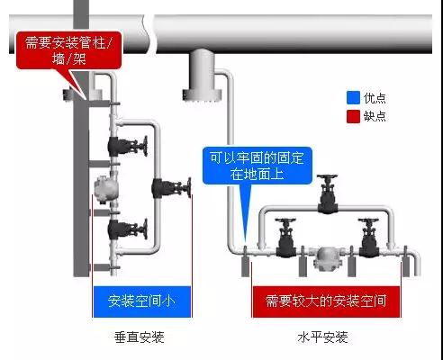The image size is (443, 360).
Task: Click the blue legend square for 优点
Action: (x=353, y=98)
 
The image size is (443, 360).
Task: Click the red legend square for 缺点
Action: (x=353, y=116)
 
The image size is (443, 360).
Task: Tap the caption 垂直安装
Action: (x=140, y=337)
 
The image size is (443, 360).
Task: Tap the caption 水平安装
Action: (x=323, y=337)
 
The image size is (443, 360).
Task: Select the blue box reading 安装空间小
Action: (x=142, y=301)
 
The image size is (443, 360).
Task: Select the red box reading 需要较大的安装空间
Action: (x=326, y=301)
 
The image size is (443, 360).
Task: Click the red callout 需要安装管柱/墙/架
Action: (x=68, y=50)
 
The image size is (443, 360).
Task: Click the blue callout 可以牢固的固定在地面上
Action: (x=257, y=166)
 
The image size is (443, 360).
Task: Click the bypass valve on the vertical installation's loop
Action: (x=171, y=188)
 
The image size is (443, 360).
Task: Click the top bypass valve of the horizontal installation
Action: (x=328, y=193)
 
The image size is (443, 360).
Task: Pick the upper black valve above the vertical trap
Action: (x=128, y=146)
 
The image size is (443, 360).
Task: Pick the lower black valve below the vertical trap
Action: (x=128, y=229)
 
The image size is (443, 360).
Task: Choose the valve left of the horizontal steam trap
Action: (x=285, y=238)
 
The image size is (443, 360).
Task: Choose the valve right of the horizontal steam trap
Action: (x=368, y=238)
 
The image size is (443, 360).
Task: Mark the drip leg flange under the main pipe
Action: (x=202, y=95)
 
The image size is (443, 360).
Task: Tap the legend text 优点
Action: (x=375, y=98)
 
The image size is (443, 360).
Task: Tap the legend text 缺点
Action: (x=375, y=116)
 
